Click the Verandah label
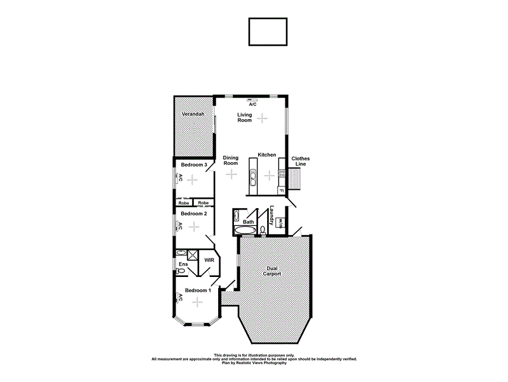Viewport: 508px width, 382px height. click(192, 114)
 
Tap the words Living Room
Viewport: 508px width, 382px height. click(245, 117)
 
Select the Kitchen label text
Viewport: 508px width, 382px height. click(266, 155)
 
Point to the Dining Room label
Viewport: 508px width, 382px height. click(230, 160)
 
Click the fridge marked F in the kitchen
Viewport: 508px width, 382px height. click(282, 190)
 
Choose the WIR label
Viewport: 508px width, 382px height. click(209, 260)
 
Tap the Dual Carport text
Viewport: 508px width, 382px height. click(272, 271)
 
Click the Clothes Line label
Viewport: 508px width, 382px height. click(300, 162)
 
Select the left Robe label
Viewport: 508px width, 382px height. click(184, 202)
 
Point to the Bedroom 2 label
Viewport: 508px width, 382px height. click(193, 214)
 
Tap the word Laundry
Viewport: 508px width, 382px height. click(271, 216)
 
